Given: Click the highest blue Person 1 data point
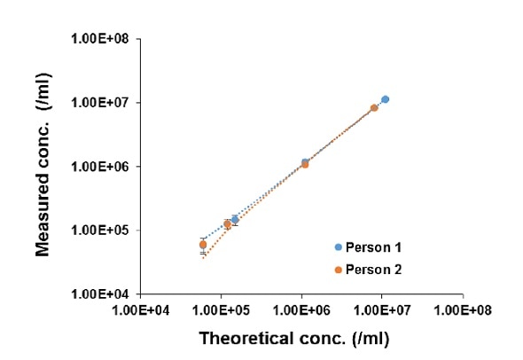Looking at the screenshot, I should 385,99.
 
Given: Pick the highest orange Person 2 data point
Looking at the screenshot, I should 374,107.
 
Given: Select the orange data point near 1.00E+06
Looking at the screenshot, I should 305,164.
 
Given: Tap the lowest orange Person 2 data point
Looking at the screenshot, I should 203,245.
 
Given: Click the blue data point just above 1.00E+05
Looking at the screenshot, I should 235,219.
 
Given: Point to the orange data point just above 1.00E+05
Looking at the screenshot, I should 227,224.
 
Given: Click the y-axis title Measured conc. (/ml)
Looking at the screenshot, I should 42,166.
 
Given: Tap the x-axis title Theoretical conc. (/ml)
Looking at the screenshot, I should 293,338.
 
